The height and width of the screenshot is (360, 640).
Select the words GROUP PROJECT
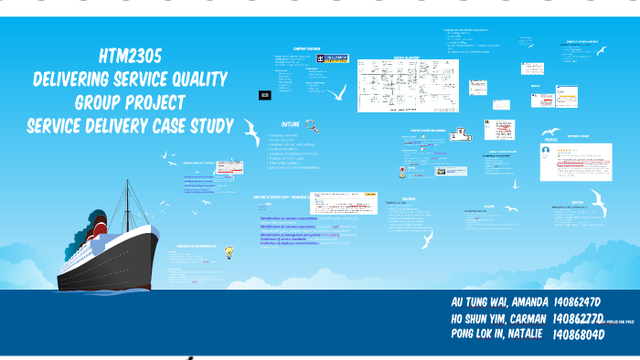point(130,101)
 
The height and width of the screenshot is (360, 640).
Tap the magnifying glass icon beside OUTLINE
point(312,126)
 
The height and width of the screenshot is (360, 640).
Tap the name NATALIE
point(523,334)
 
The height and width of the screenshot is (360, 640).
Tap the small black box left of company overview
point(264,94)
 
